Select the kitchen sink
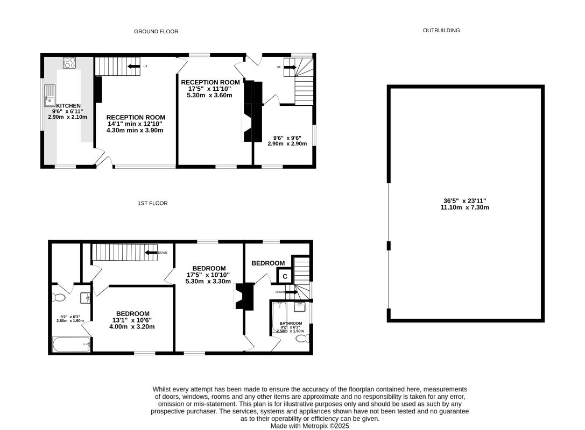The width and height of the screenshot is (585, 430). point(50,95)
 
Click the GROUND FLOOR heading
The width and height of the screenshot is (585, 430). point(156,32)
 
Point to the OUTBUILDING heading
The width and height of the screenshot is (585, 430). point(441,31)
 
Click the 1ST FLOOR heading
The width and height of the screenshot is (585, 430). point(152,203)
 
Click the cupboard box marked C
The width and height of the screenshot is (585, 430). point(285,276)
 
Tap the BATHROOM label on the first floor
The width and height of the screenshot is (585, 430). point(291,323)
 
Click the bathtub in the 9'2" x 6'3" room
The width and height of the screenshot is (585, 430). point(71,344)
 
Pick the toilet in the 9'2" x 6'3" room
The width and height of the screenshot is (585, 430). point(59,297)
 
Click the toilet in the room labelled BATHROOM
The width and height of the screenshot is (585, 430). point(305,338)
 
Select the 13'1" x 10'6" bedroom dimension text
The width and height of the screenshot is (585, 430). point(132,320)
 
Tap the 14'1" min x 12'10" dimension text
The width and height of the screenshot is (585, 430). point(135,124)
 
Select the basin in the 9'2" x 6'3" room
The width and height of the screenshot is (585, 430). point(84,297)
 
